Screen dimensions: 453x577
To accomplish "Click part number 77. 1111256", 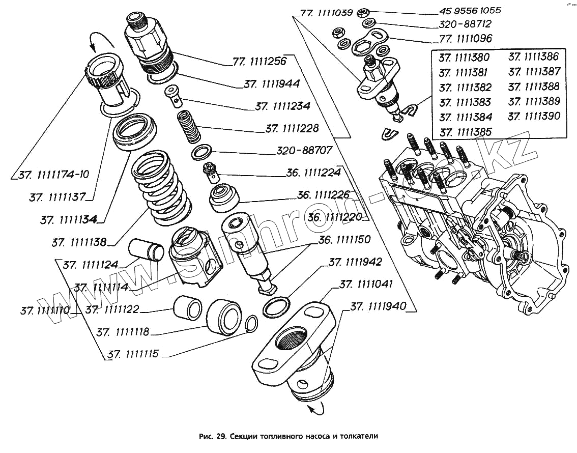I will [259, 61].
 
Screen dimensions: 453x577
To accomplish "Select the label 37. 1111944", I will [271, 83].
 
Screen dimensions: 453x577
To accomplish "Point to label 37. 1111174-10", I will [54, 175].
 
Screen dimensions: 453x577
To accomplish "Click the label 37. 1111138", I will [78, 242].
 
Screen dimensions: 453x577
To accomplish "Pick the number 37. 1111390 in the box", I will [534, 116].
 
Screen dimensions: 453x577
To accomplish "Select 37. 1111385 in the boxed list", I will [465, 132].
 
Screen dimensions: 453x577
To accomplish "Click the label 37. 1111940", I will [378, 306].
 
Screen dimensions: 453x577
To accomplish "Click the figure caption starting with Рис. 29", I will [288, 436].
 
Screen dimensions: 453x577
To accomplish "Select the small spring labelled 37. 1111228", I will [189, 128].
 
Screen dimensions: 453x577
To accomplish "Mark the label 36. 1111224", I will [313, 173].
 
